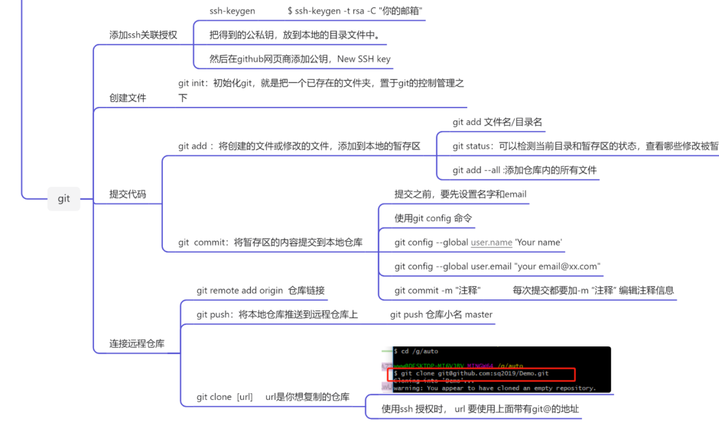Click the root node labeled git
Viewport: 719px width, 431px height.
tap(64, 199)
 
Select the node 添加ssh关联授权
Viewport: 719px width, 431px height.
tap(143, 35)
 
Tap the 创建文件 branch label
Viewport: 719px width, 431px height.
tap(128, 98)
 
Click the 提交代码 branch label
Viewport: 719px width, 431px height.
tap(128, 194)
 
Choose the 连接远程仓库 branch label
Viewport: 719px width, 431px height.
tap(137, 344)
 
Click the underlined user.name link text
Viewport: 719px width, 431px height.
tap(491, 242)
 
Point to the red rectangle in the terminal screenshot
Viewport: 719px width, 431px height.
tap(481, 374)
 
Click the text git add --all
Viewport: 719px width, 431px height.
tap(476, 170)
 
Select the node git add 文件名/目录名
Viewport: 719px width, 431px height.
tap(497, 122)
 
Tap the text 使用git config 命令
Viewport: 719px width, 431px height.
tap(433, 218)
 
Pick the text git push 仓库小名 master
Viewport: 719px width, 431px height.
tap(441, 314)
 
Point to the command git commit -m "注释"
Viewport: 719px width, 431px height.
tap(437, 290)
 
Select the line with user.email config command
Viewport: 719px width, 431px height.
tap(497, 266)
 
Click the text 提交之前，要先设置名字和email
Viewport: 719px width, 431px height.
tap(461, 194)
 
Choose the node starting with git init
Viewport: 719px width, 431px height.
tap(321, 83)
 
